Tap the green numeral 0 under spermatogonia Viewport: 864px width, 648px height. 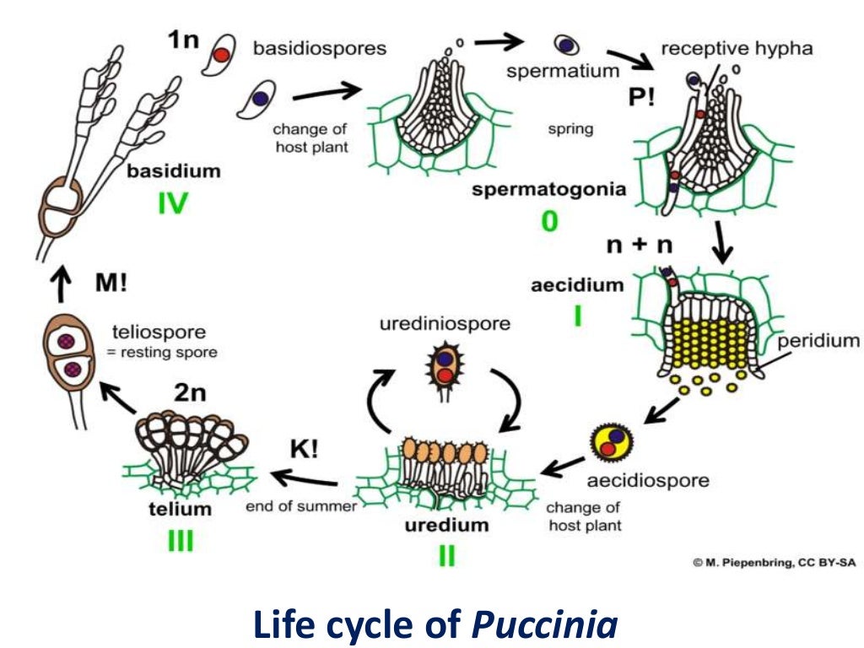pos(549,221)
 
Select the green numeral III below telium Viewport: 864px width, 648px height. pos(180,540)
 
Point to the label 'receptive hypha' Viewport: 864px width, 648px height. pos(737,48)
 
